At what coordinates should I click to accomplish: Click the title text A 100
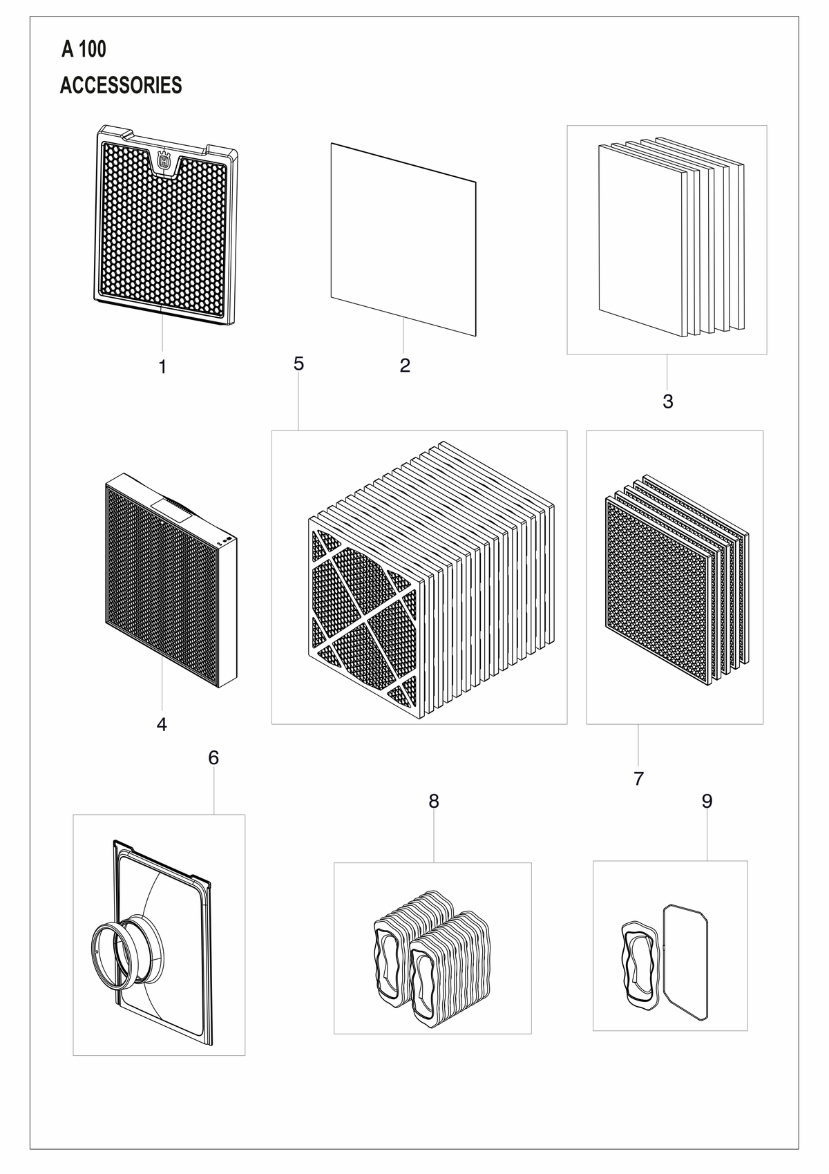point(84,49)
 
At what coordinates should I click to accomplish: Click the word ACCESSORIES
point(121,85)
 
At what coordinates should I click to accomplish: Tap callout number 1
point(162,367)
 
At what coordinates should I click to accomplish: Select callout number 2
point(405,366)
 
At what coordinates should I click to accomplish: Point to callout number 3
point(667,401)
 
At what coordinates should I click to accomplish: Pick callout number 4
point(162,723)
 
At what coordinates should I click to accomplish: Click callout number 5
point(298,363)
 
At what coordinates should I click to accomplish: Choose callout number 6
point(213,757)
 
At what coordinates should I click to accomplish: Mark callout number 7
point(638,778)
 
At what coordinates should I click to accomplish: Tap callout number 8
point(434,801)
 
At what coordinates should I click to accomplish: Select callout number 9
point(707,800)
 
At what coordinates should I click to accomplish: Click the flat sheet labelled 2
point(403,240)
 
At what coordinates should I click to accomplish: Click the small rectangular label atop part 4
point(166,509)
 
